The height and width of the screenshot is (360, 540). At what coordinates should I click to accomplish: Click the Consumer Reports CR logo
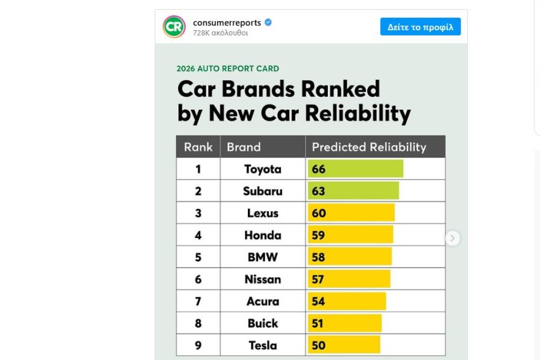click(x=174, y=26)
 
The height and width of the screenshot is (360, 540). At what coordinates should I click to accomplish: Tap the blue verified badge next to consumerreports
click(x=268, y=23)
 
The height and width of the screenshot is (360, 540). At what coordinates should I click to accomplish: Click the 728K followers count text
click(x=220, y=33)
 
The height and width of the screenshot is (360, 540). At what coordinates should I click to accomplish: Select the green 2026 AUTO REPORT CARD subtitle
click(x=228, y=69)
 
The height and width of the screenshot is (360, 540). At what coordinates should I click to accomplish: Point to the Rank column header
click(x=198, y=147)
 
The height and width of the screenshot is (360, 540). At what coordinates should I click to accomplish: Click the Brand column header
click(x=244, y=147)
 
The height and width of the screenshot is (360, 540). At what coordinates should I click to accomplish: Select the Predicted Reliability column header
click(x=369, y=147)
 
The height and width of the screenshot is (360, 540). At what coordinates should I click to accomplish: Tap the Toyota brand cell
click(x=262, y=169)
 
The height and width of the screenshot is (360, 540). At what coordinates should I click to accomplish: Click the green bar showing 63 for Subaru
click(x=353, y=191)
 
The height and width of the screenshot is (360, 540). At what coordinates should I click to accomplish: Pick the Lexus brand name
click(x=262, y=213)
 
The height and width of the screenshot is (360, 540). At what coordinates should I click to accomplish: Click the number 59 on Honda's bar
click(x=319, y=235)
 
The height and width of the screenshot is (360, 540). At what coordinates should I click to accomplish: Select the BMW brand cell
click(x=262, y=257)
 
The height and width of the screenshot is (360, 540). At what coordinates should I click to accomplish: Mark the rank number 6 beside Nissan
click(x=198, y=280)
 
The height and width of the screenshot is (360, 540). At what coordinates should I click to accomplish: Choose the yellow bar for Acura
click(x=347, y=302)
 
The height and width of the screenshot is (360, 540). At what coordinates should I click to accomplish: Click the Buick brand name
click(x=262, y=324)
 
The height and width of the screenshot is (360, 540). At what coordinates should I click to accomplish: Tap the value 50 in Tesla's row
click(x=319, y=345)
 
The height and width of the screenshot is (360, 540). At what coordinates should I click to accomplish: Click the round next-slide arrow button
click(x=453, y=238)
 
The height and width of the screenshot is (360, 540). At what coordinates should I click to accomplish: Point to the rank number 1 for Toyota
click(x=198, y=169)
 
